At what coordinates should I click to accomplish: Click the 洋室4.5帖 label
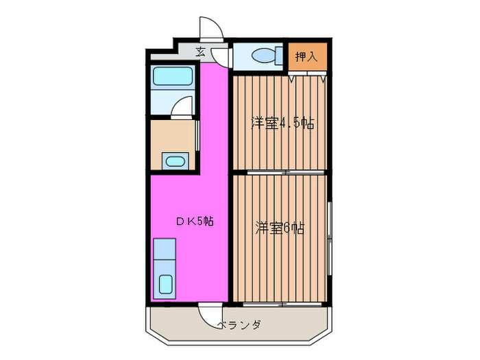[x=282, y=124]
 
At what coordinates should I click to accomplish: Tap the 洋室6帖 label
[x=280, y=228]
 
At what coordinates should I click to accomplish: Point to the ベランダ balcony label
[x=240, y=324]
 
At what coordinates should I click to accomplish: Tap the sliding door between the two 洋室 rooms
[x=281, y=171]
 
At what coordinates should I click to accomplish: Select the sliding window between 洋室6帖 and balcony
[x=281, y=303]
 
